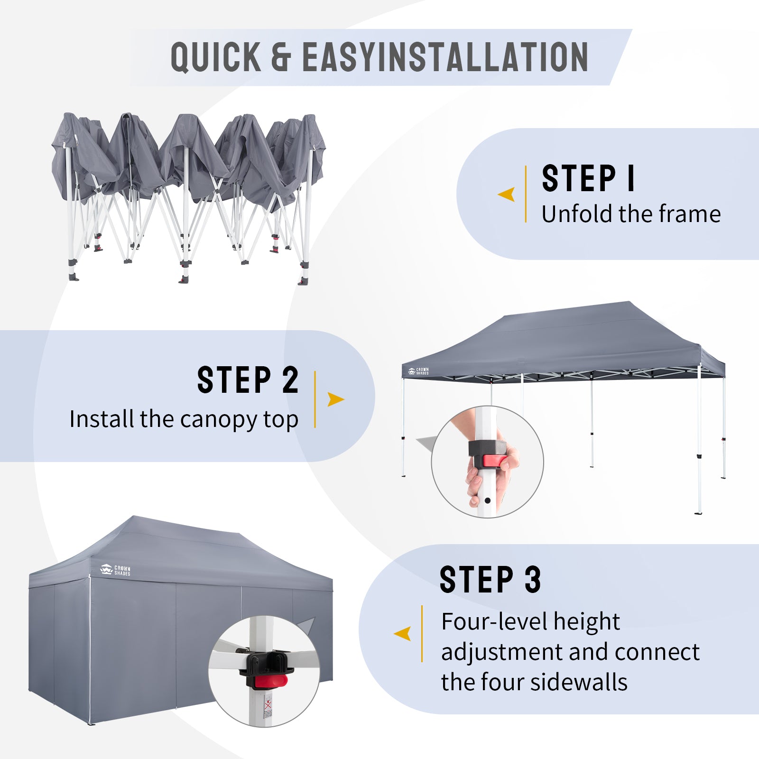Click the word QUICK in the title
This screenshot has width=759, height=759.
(216, 57)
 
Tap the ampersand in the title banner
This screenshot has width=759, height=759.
(281, 57)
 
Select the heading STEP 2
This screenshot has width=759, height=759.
(248, 379)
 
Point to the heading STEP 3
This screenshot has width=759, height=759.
(490, 579)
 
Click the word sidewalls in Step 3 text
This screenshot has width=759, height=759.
(579, 682)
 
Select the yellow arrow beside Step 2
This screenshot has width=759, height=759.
(336, 399)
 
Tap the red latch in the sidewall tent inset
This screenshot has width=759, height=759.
(271, 682)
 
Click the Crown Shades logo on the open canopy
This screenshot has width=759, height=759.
(418, 371)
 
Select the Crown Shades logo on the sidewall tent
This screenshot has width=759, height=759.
(115, 570)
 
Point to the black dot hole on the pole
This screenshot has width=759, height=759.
(487, 500)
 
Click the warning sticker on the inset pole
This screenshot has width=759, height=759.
(268, 706)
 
